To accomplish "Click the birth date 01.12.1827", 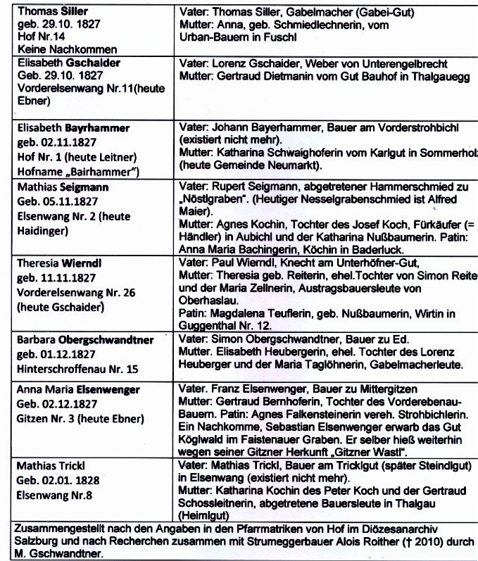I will click(x=61, y=353).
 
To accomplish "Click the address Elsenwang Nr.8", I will click(x=57, y=495).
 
